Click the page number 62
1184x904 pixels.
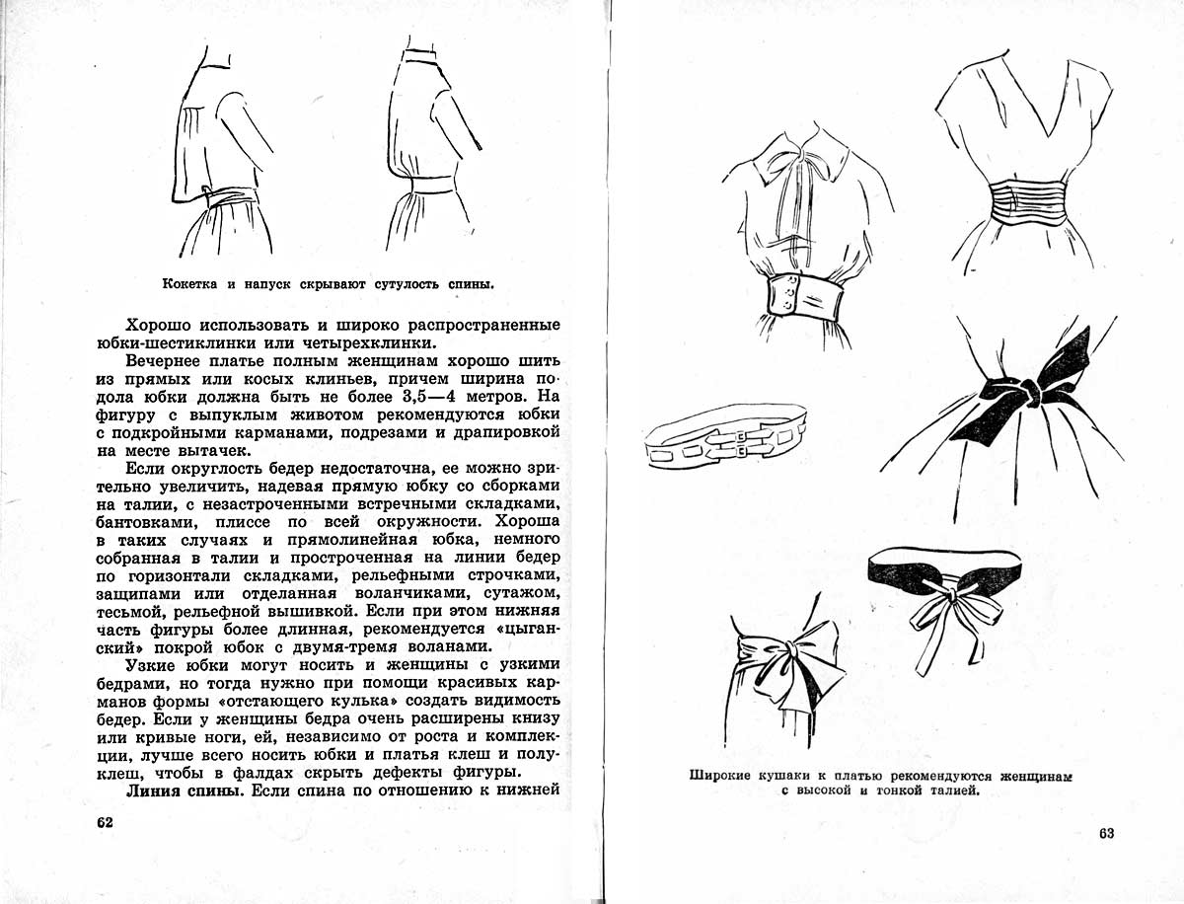tap(104, 822)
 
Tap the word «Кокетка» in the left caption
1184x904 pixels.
tap(192, 285)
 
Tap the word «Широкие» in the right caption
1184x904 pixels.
tap(729, 775)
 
